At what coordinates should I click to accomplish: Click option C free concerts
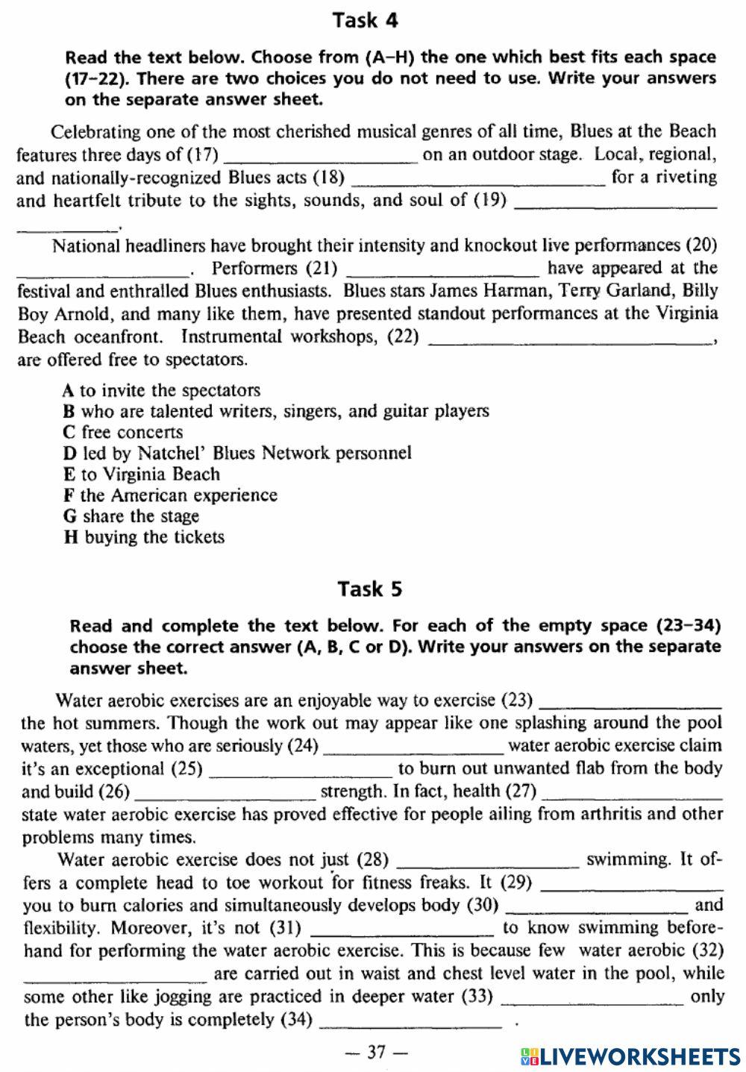(123, 432)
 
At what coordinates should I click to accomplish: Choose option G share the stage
(131, 516)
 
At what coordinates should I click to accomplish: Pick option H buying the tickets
(144, 537)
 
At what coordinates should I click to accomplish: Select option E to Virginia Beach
(142, 474)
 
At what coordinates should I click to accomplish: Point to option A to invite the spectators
(162, 390)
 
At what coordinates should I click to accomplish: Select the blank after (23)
(630, 703)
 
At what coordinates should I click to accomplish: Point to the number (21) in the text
(322, 268)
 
